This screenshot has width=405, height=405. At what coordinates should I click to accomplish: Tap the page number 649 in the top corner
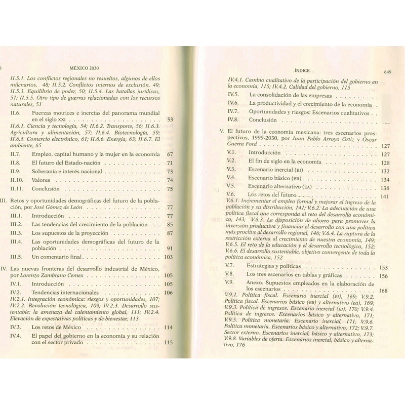pyautogui.click(x=388, y=72)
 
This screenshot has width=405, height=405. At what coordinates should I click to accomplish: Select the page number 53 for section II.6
pyautogui.click(x=170, y=120)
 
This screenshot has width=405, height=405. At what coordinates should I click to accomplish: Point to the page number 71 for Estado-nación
pyautogui.click(x=170, y=163)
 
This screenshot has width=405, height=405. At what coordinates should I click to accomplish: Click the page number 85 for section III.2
pyautogui.click(x=170, y=224)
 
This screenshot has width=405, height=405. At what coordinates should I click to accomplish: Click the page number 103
pyautogui.click(x=168, y=257)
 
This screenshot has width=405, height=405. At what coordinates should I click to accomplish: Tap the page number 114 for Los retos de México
pyautogui.click(x=168, y=328)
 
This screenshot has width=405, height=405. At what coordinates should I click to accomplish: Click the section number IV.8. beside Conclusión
pyautogui.click(x=233, y=120)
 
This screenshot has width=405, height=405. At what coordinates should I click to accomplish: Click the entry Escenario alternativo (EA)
pyautogui.click(x=278, y=186)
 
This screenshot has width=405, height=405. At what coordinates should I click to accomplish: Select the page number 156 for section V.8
pyautogui.click(x=383, y=276)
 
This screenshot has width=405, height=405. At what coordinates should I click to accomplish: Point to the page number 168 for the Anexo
pyautogui.click(x=383, y=291)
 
